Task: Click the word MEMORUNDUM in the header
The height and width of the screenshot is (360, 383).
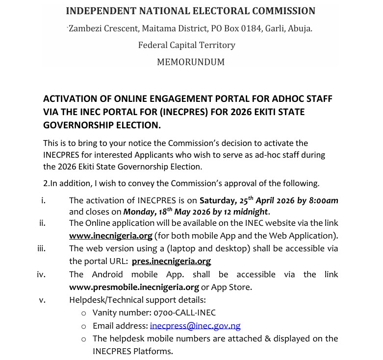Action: point(191,62)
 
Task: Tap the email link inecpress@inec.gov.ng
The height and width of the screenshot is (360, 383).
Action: point(195,326)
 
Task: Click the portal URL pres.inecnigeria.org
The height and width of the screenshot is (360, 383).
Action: point(171,261)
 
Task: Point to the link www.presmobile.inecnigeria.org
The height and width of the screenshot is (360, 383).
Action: point(134,287)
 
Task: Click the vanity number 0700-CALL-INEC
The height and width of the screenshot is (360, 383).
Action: point(184,312)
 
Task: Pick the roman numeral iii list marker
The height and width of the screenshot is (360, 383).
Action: point(41,248)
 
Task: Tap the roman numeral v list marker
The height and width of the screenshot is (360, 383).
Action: point(42,300)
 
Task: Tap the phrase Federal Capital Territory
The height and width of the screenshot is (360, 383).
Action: point(187,45)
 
